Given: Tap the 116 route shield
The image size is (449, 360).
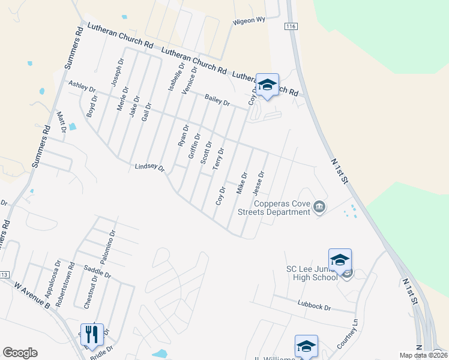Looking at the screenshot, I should click(x=292, y=28).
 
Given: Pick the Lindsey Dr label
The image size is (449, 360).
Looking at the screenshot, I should click(x=149, y=167).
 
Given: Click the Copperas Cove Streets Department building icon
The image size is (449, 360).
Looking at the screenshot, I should click(x=319, y=207).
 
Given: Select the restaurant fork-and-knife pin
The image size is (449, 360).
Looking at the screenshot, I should click(x=92, y=334).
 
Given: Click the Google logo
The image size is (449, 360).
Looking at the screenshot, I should click(x=20, y=353).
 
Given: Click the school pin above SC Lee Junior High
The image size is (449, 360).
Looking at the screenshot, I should click(x=340, y=260).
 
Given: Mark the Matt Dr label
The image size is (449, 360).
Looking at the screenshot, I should click(x=60, y=122).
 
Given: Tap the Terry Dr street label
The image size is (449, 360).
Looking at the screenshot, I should click(x=218, y=158).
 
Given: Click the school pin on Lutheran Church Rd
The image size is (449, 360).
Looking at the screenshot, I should click(x=267, y=84).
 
